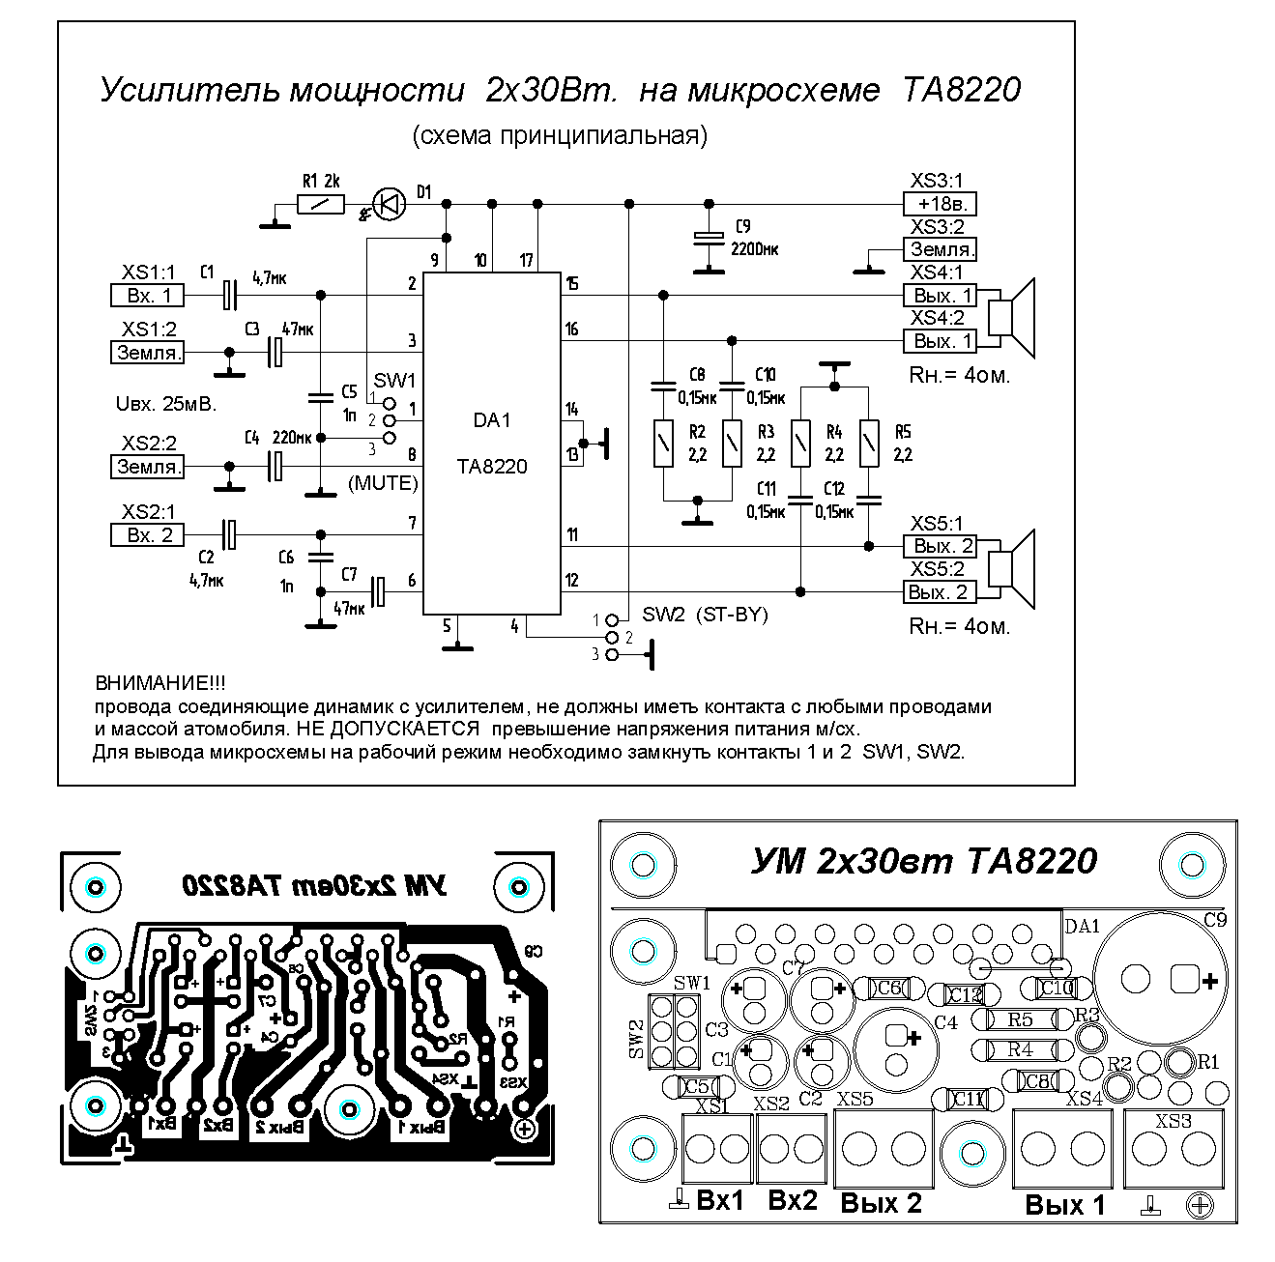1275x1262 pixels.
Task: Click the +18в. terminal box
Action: (940, 205)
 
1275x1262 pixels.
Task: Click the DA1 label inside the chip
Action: (491, 421)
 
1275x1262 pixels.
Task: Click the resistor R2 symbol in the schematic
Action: (663, 444)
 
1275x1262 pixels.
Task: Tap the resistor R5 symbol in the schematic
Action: (869, 444)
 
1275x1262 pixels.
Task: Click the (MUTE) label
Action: (383, 483)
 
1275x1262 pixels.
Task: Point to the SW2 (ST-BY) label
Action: (705, 615)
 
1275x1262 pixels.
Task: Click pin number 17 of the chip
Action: (526, 260)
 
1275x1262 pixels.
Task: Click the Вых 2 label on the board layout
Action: (881, 1204)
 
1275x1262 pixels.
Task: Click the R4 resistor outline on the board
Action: (1019, 1049)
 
